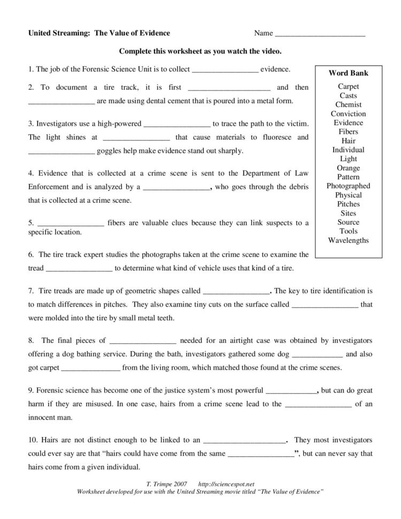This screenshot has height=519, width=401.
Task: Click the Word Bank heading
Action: (348, 73)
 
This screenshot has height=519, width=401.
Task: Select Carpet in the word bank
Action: (348, 86)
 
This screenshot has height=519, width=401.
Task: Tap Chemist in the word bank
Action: (348, 104)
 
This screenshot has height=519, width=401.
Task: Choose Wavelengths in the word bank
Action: (348, 240)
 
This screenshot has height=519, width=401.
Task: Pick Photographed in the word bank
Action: (348, 186)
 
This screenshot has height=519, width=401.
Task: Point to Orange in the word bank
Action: (348, 168)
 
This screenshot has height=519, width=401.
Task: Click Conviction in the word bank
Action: (348, 113)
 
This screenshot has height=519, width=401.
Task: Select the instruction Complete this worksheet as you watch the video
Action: (200, 52)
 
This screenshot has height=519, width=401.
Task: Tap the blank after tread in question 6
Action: (80, 269)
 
